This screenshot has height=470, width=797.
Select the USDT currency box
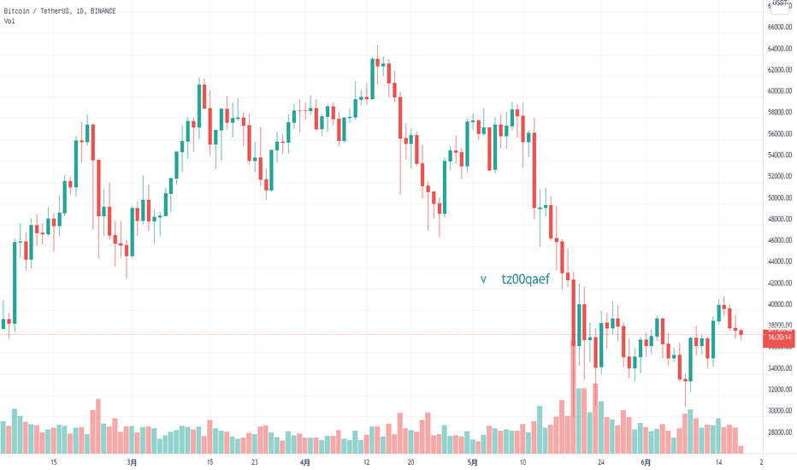pyautogui.click(x=780, y=5)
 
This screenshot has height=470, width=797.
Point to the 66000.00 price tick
pyautogui.click(x=778, y=27)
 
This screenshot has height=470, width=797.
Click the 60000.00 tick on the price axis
pyautogui.click(x=778, y=91)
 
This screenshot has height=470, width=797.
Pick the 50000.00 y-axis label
pyautogui.click(x=778, y=197)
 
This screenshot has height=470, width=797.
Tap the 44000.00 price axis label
pyautogui.click(x=778, y=261)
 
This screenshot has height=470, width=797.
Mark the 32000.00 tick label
pyautogui.click(x=778, y=390)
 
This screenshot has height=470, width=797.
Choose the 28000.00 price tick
pyautogui.click(x=778, y=432)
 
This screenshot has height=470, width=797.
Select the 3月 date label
pyautogui.click(x=131, y=462)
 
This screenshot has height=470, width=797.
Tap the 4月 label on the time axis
pyautogui.click(x=305, y=462)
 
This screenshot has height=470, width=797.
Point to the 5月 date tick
pyautogui.click(x=473, y=462)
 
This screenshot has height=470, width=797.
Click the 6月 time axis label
pyautogui.click(x=646, y=462)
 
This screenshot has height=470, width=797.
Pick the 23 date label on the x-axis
pyautogui.click(x=255, y=462)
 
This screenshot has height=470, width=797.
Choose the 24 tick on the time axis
pyautogui.click(x=602, y=462)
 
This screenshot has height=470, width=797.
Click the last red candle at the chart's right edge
pyautogui.click(x=741, y=332)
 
